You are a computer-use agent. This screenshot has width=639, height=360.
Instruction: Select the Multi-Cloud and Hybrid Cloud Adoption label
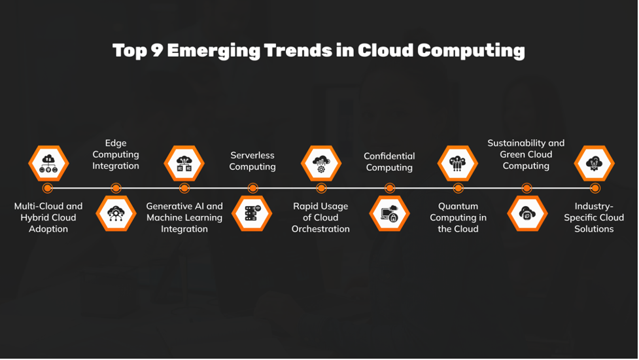coord(48,217)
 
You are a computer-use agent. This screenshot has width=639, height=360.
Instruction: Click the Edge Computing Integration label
coord(116,154)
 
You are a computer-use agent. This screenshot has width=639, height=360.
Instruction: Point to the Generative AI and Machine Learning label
coord(184,217)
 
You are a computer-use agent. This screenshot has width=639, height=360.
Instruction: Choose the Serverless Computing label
coord(252,161)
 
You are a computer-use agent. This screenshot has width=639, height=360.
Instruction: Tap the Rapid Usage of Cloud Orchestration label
coord(320,217)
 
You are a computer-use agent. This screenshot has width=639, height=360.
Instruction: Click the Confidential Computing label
coord(389,162)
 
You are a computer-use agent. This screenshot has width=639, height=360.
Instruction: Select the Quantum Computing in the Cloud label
coord(458,217)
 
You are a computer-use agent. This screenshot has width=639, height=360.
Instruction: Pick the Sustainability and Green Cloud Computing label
coord(526,154)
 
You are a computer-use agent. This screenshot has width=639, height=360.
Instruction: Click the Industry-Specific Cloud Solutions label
coord(594,217)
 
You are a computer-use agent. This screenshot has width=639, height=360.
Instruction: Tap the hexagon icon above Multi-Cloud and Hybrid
coord(48,163)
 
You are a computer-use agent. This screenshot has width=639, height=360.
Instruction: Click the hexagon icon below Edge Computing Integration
coord(116,213)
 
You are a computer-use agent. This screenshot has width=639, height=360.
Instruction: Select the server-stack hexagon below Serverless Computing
coord(252,213)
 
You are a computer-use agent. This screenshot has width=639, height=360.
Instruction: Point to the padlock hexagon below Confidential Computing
coord(389,213)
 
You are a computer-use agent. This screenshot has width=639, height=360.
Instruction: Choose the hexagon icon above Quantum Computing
coord(458,163)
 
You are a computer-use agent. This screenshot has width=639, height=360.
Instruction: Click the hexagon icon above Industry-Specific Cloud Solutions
coord(594,163)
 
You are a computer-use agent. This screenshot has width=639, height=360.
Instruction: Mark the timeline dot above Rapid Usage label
coord(321,189)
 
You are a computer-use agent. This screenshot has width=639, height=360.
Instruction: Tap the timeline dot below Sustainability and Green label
coord(527,189)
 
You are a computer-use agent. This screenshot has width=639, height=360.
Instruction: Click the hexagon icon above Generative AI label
coord(184,163)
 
